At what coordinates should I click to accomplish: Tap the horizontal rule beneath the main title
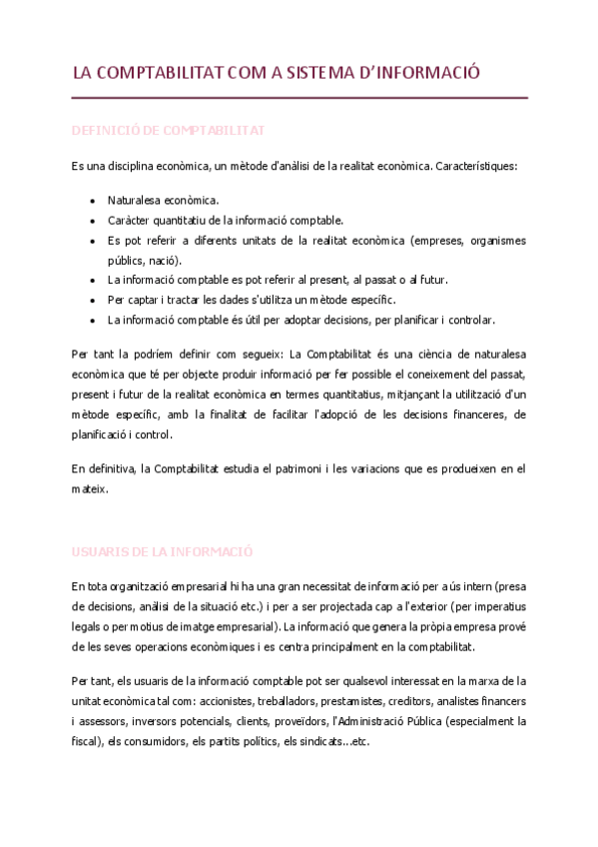point(299,98)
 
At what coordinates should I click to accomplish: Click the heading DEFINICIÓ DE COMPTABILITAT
point(167,131)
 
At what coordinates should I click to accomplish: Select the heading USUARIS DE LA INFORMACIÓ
point(162,550)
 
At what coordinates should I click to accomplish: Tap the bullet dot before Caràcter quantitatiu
point(92,220)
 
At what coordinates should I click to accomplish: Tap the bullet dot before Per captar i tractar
point(92,300)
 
